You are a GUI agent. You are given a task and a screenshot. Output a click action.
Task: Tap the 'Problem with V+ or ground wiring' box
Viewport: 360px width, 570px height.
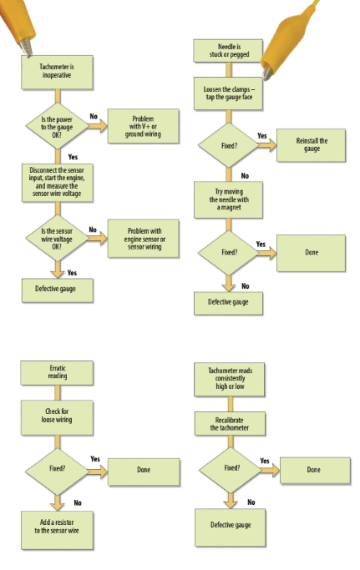[x=144, y=125]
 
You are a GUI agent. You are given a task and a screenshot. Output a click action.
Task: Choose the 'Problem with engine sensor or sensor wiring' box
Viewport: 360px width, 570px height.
[x=144, y=235]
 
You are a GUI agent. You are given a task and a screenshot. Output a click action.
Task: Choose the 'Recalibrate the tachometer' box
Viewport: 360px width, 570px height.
[x=229, y=422]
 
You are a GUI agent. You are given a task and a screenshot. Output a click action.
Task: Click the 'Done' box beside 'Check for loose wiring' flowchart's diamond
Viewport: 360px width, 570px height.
[x=143, y=469]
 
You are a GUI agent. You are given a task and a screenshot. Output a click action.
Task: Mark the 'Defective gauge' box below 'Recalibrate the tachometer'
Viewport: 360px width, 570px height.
[x=229, y=525]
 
